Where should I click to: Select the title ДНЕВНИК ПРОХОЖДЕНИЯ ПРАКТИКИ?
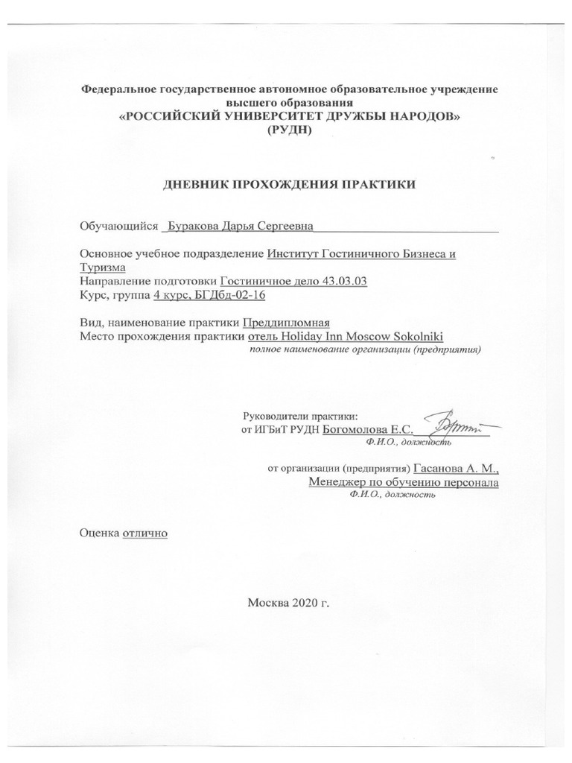289,184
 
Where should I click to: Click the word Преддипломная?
287,323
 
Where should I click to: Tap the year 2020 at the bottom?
305,601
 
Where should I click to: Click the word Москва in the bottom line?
269,601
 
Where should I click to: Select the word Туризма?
102,267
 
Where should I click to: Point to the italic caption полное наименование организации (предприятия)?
366,349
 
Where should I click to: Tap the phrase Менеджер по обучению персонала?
404,482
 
